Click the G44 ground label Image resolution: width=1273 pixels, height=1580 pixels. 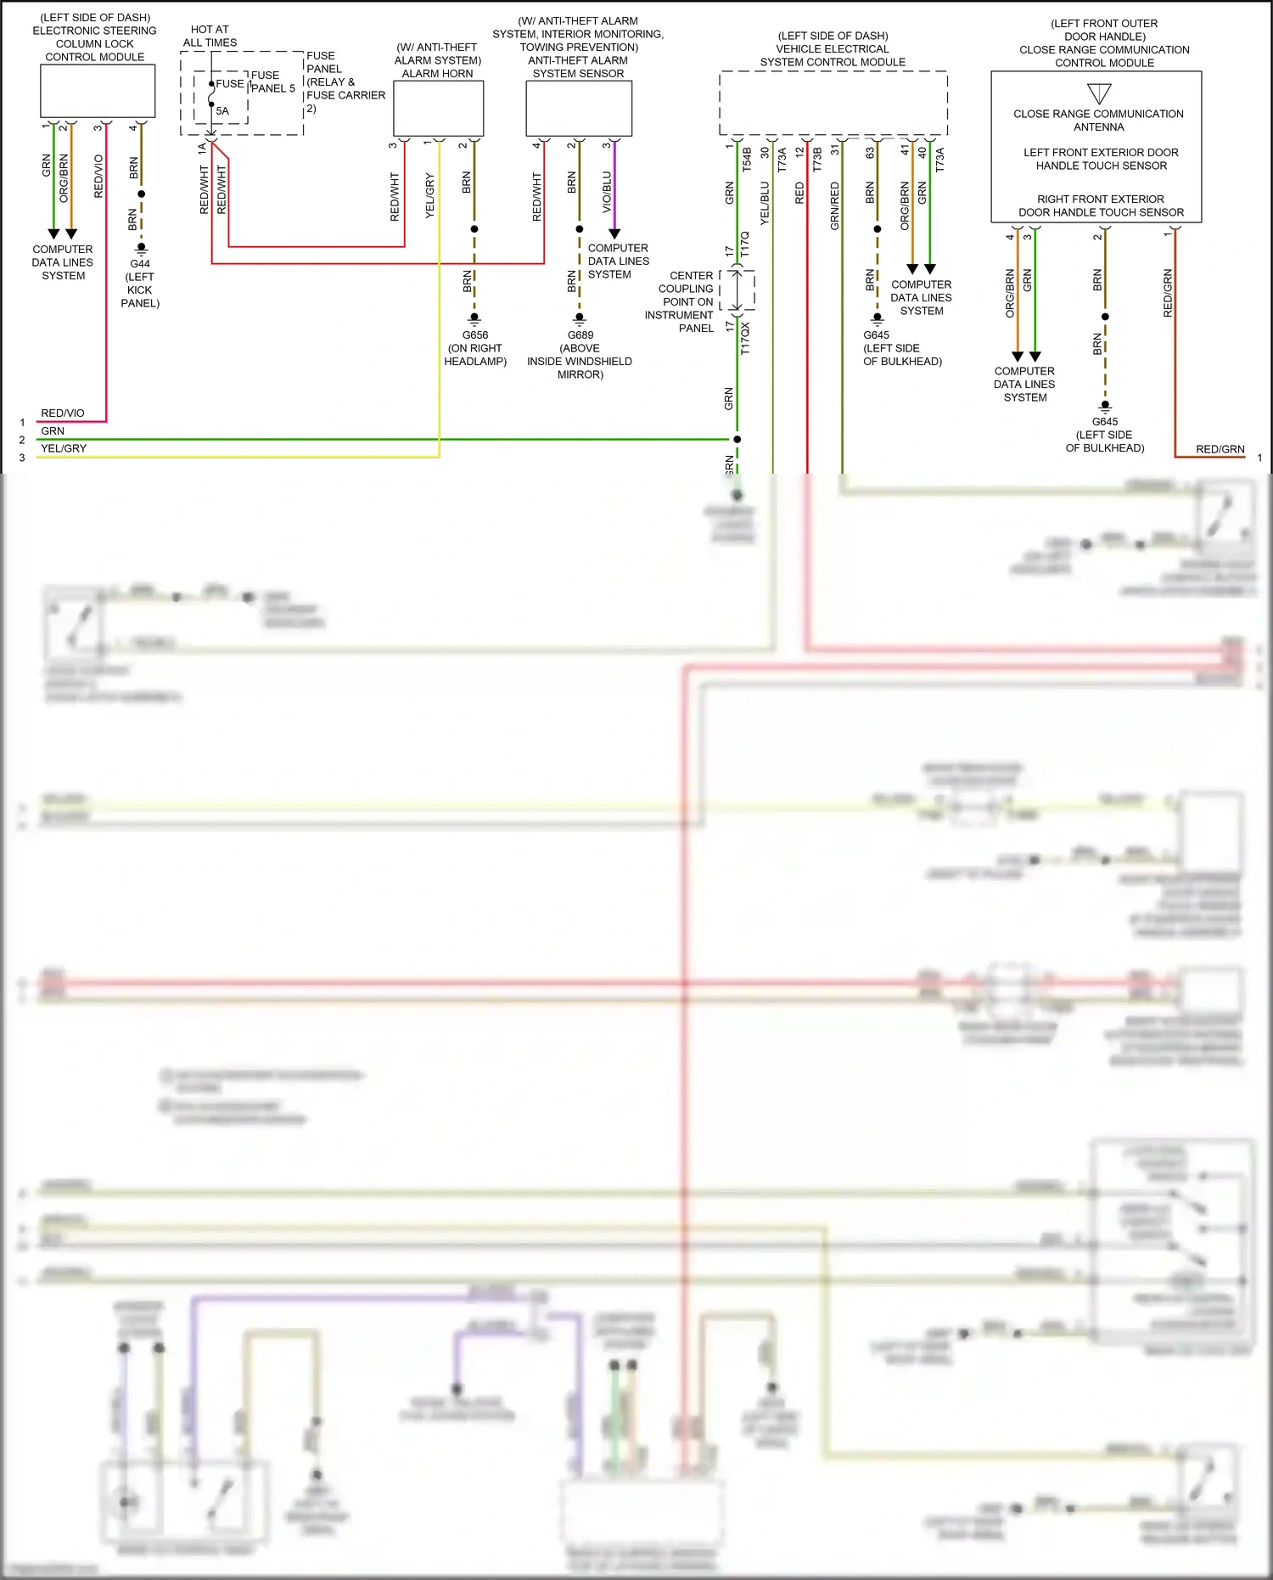(x=140, y=263)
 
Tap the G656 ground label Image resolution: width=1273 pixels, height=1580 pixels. (x=475, y=335)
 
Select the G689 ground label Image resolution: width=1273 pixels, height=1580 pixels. (x=580, y=335)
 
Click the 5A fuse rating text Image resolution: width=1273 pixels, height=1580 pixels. (x=222, y=111)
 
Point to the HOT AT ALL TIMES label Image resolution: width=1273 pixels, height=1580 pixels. (x=210, y=36)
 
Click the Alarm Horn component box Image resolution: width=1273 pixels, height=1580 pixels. (x=438, y=108)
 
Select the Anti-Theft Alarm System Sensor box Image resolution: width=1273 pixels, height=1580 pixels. (x=579, y=108)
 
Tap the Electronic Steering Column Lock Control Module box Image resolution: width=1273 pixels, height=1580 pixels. (x=98, y=91)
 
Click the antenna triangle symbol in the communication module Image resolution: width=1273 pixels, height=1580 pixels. (x=1099, y=93)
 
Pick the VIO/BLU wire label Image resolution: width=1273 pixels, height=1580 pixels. (x=607, y=192)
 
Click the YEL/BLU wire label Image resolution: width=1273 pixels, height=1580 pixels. (x=765, y=202)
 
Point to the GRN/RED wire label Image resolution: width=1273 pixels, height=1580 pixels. (x=835, y=205)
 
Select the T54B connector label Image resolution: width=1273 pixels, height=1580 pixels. (x=747, y=160)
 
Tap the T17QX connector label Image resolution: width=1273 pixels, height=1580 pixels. (x=745, y=337)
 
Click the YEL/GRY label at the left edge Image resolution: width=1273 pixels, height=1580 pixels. (x=64, y=448)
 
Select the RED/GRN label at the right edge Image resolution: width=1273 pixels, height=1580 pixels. (x=1220, y=449)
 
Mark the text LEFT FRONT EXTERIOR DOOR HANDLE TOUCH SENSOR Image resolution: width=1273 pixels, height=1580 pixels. (x=1101, y=159)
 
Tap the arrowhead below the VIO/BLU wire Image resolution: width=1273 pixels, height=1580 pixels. (x=614, y=233)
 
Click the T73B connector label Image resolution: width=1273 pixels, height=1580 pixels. (x=817, y=160)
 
